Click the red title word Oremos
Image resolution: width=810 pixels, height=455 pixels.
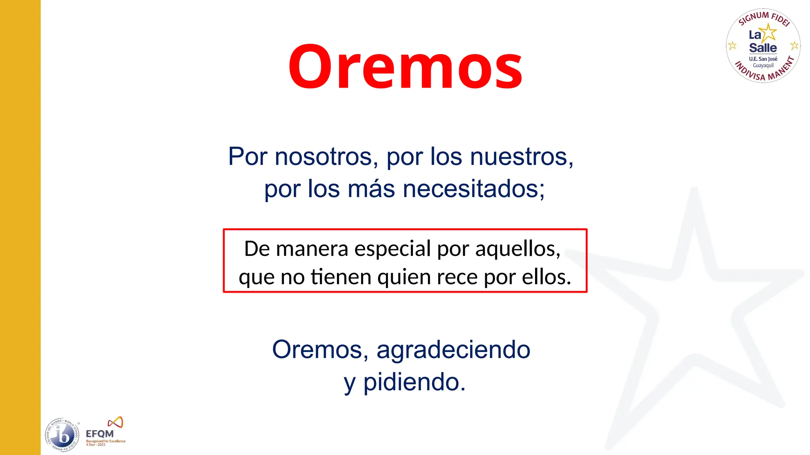(x=405, y=67)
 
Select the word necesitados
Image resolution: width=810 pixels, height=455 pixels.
(x=473, y=189)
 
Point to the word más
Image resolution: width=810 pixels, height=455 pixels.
(x=371, y=189)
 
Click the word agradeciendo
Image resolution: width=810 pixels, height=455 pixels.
(x=453, y=350)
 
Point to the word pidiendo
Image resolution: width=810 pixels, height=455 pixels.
(x=414, y=382)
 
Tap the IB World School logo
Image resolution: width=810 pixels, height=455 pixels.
(x=62, y=435)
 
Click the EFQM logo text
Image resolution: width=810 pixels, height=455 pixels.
(x=100, y=434)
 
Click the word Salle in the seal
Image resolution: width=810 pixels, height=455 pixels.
(x=763, y=48)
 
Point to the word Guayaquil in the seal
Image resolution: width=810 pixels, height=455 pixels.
(x=763, y=66)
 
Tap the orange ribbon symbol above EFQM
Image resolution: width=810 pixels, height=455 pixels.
(x=115, y=422)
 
